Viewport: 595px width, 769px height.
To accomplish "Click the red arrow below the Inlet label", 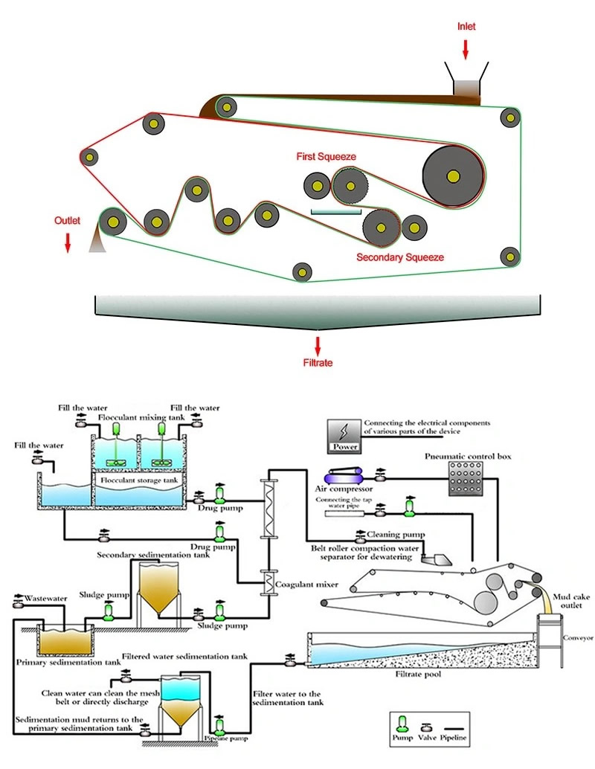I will point(466,48).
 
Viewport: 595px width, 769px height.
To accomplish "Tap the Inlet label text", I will point(466,27).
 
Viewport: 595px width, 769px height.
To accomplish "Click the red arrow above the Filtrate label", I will point(318,345).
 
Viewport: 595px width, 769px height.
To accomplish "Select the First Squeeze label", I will point(327,157).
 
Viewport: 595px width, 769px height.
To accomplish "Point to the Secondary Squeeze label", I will point(400,257).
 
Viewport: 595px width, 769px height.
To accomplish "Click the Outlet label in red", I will point(67,221).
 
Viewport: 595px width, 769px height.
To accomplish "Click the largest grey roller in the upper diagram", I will point(452,176).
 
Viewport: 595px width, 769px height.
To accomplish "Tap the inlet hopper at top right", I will point(466,82).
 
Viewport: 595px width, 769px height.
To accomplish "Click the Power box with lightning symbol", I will point(345,436).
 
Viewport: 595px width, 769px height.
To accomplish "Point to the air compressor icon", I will point(344,477).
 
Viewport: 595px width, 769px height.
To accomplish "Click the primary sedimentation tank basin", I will point(63,640).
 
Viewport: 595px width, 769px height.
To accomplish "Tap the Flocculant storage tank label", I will point(138,480).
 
